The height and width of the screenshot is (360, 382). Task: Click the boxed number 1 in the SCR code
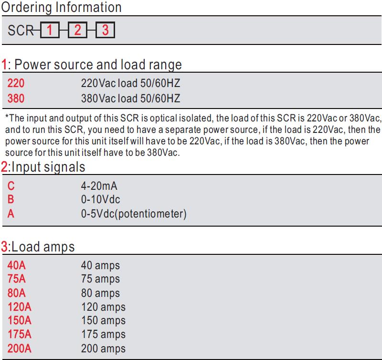[x=50, y=30]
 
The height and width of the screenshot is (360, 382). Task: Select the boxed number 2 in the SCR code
[x=77, y=30]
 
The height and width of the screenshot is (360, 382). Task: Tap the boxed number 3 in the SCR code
[x=105, y=30]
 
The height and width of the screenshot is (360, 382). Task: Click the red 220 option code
[x=16, y=83]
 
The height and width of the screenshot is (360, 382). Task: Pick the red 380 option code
[x=16, y=98]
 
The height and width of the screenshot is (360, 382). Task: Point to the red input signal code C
[x=11, y=186]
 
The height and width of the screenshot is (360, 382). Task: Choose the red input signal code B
[x=11, y=199]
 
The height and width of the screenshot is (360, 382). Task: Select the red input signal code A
[x=11, y=214]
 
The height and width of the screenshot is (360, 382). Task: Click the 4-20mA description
[x=99, y=186]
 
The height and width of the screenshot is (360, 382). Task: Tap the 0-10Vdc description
[x=100, y=199]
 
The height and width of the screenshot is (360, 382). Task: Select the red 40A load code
[x=16, y=265]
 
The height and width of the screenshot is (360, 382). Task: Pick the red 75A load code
[x=16, y=279]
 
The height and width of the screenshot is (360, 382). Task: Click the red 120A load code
[x=20, y=307]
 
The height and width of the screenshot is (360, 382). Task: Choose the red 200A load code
[x=19, y=349]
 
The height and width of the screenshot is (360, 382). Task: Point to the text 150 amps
[x=103, y=321]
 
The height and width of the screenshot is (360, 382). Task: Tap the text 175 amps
[x=103, y=335]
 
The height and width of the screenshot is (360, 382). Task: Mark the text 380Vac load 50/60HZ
[x=130, y=98]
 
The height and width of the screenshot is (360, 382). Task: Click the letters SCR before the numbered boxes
[x=21, y=31]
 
